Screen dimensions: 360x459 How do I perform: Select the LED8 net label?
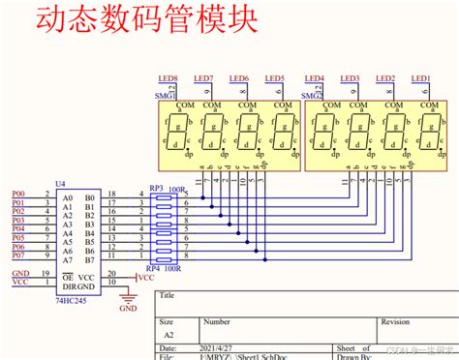[169, 78]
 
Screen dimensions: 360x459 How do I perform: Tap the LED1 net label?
[420, 78]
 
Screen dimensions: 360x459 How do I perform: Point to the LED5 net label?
[274, 78]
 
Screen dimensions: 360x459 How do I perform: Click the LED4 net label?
[316, 78]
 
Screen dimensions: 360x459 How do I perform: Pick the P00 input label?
[18, 195]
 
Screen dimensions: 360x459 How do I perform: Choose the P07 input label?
[18, 256]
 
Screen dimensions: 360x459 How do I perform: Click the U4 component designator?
[61, 183]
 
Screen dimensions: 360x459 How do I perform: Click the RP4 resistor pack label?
[154, 268]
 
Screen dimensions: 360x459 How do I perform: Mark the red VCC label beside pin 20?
[145, 277]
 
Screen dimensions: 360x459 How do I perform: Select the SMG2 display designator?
[312, 97]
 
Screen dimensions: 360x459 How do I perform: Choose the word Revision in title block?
[395, 319]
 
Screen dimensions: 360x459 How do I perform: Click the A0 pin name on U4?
[66, 195]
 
